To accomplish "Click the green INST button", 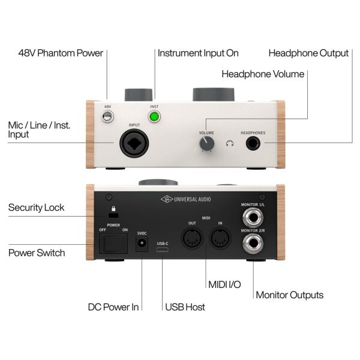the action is (154, 116).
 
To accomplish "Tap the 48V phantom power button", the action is (107, 116).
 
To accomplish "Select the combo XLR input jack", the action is (134, 143).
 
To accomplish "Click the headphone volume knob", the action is (206, 144).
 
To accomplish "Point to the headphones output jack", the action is (253, 143).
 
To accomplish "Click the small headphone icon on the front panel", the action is (230, 143).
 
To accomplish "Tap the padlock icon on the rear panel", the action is (113, 208).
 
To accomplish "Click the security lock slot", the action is (113, 215).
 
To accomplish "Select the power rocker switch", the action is (113, 244).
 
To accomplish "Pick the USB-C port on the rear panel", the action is (163, 250).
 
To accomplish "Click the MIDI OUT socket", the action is (192, 238).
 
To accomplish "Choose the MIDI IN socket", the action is (220, 238).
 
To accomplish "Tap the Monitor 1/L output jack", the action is (253, 217).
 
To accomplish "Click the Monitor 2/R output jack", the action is (253, 244).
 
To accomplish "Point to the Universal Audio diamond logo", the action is (167, 199).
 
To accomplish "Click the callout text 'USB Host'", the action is (185, 307).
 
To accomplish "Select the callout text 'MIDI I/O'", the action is (224, 284).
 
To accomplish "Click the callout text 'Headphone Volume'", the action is (263, 74).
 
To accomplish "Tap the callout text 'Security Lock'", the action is (36, 208).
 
